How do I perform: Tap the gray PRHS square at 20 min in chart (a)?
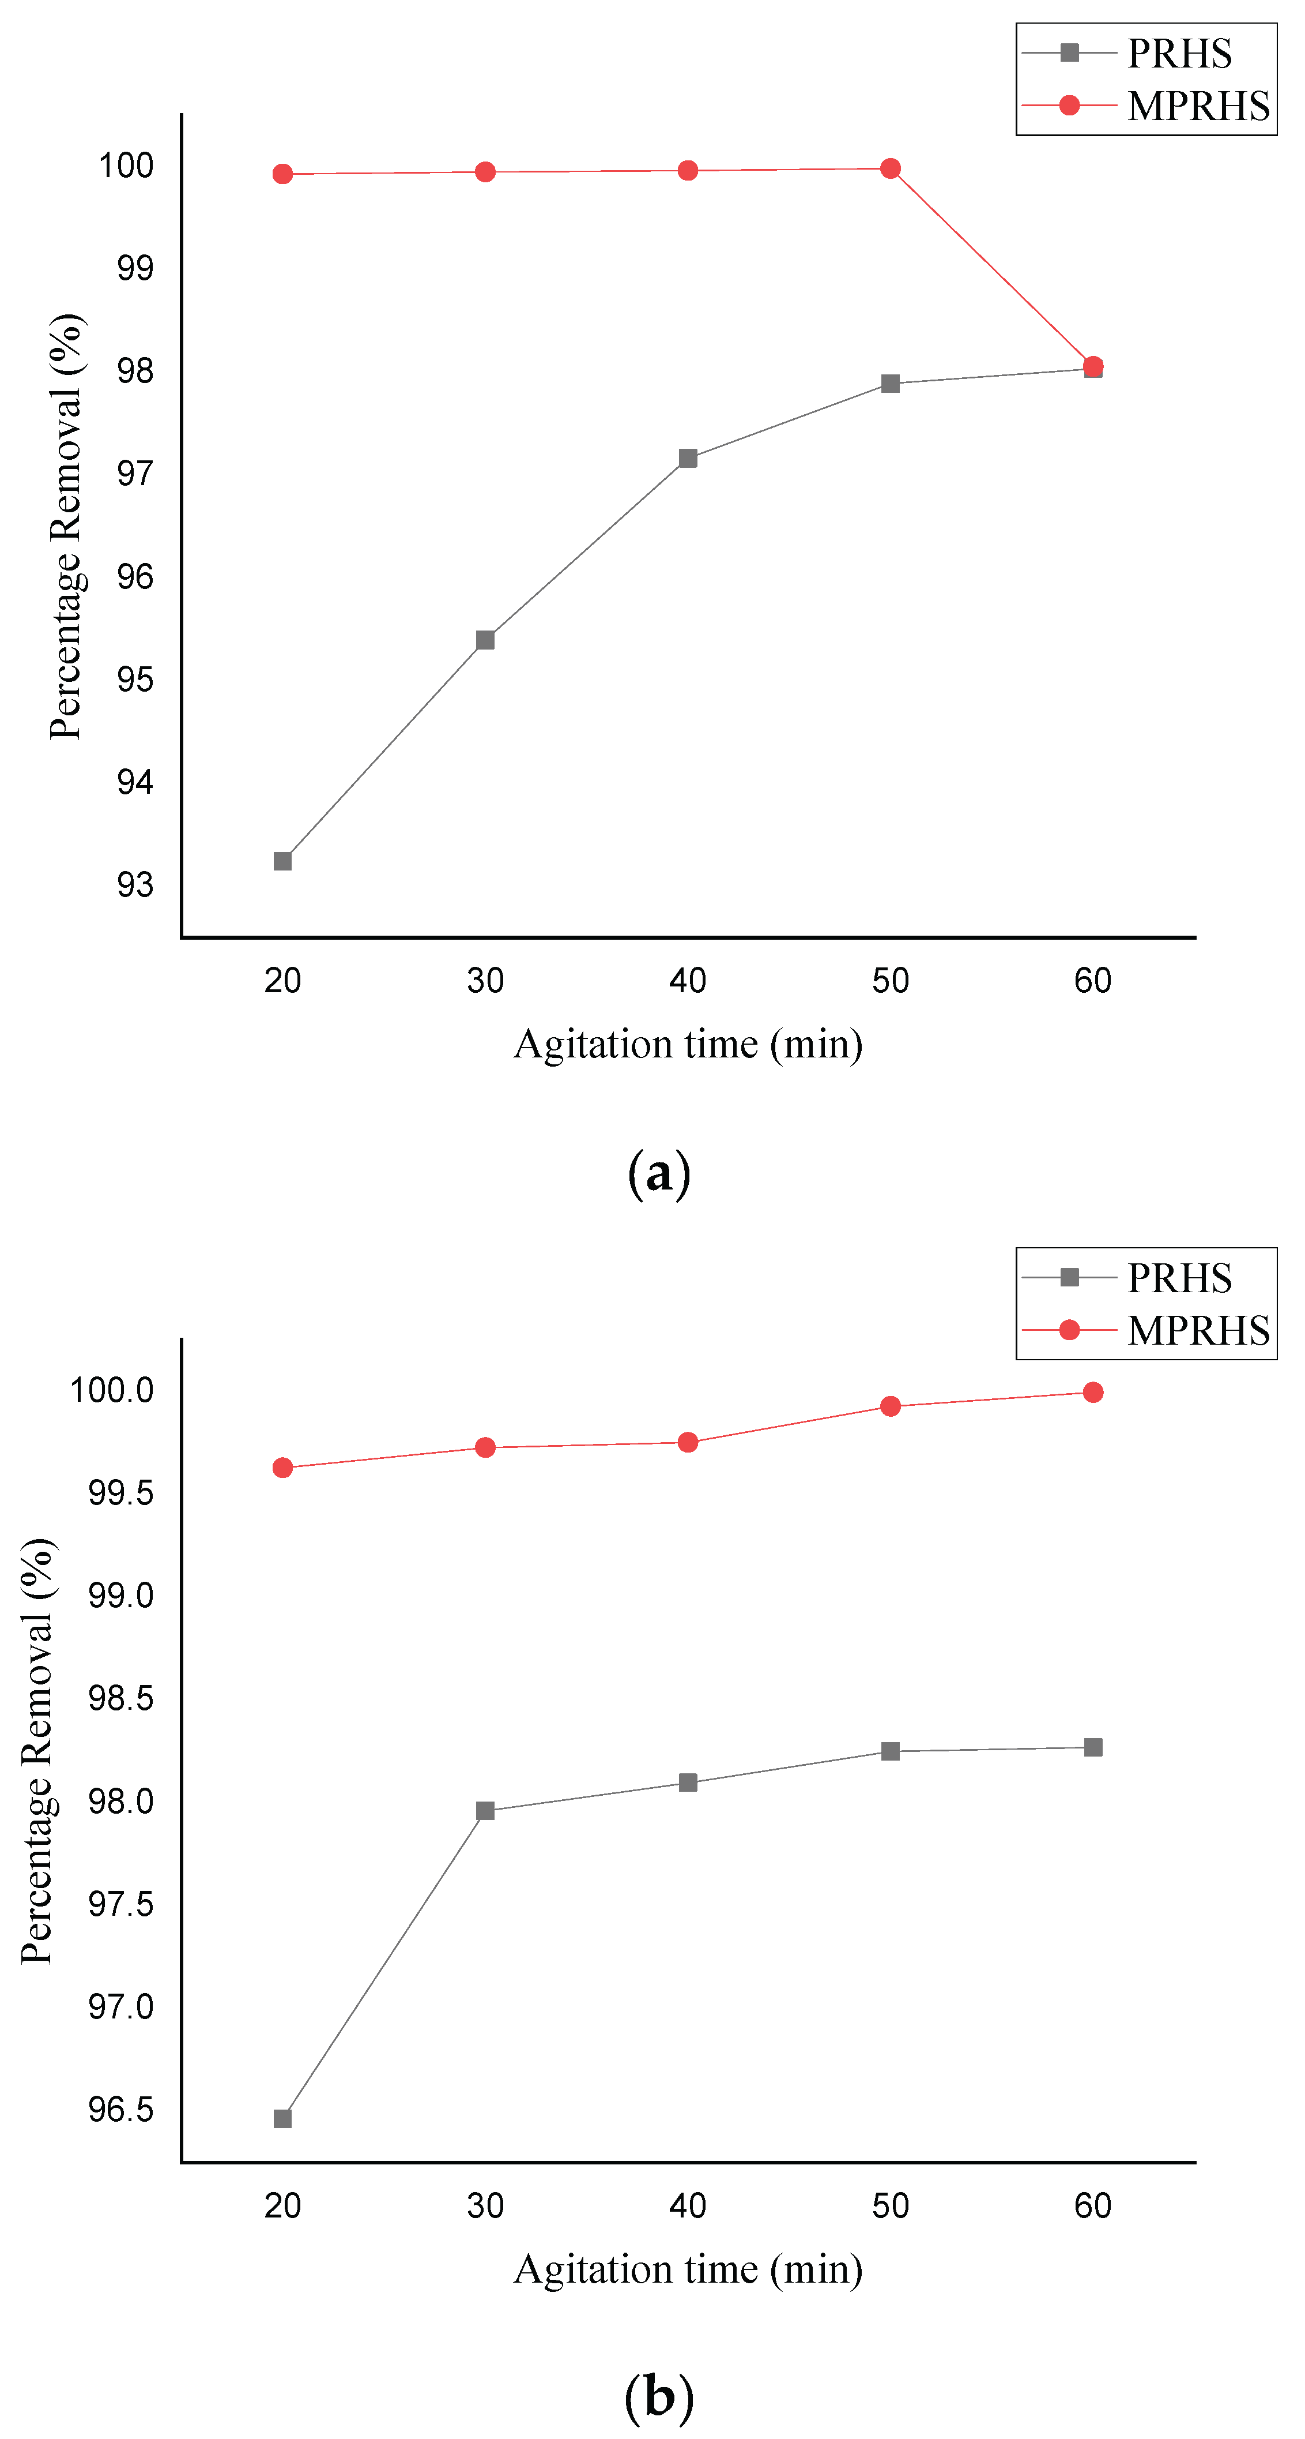pos(282,861)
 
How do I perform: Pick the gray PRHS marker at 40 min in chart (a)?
pos(688,458)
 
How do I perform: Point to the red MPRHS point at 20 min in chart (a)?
pos(282,174)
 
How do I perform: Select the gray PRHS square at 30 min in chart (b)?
pos(485,1811)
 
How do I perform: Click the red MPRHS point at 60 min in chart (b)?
pos(1092,1392)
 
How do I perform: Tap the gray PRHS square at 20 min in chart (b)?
pos(282,2118)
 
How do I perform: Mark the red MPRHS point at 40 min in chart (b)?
pos(688,1443)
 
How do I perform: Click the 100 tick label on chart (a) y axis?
pos(126,166)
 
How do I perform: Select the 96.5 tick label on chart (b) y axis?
pos(120,2110)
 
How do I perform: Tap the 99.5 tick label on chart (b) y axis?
pos(120,1493)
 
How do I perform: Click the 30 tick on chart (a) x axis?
pos(485,981)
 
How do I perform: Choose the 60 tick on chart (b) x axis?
pos(1092,2206)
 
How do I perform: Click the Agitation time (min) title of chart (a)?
pos(688,1044)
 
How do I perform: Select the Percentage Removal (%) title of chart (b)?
pos(38,1751)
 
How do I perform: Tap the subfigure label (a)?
pos(659,1173)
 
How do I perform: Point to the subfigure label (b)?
pos(659,2396)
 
